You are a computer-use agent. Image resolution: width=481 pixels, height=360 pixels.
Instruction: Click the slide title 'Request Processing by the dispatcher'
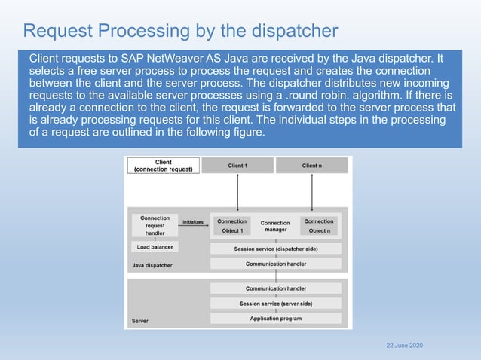click(x=180, y=31)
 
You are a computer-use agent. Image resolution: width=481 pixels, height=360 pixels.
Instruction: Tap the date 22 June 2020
click(x=404, y=345)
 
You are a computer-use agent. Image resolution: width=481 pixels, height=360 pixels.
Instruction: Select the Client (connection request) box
click(x=163, y=166)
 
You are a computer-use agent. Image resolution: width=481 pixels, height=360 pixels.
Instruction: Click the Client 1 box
click(x=237, y=166)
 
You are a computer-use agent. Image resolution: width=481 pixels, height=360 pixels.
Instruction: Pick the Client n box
click(x=311, y=166)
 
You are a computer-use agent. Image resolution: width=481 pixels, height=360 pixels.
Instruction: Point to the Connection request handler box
click(x=155, y=225)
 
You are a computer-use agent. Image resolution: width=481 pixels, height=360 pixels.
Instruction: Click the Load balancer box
click(x=155, y=247)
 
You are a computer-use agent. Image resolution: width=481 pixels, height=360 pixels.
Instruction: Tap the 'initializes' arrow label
click(x=194, y=222)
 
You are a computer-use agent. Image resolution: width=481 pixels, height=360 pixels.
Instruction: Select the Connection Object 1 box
click(x=231, y=226)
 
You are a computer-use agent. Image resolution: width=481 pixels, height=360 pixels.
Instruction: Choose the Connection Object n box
click(x=319, y=226)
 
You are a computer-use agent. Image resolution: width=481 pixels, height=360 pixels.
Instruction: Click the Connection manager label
click(x=275, y=227)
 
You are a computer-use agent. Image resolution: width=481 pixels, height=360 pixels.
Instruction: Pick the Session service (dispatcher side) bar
click(x=276, y=249)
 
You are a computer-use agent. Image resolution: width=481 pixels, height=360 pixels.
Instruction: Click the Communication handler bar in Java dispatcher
click(x=276, y=264)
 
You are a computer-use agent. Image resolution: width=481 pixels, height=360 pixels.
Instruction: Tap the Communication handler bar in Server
click(x=276, y=288)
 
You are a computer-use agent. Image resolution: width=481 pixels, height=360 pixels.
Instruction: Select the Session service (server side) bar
click(x=276, y=304)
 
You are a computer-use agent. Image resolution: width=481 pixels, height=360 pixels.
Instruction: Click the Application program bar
click(x=276, y=319)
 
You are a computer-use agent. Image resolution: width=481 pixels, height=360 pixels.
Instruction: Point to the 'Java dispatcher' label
click(x=152, y=265)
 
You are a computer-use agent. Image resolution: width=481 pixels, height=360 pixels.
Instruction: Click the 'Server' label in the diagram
click(x=139, y=321)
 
